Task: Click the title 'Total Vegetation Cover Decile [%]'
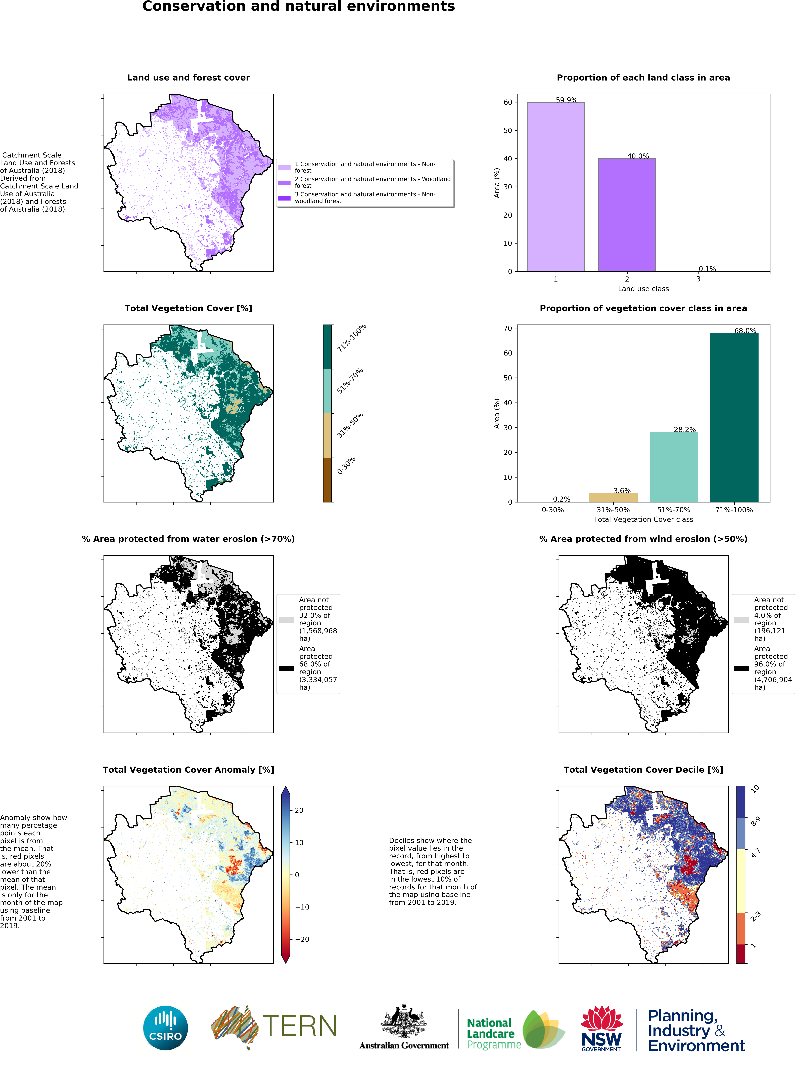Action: point(643,769)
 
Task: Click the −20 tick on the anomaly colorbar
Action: point(302,939)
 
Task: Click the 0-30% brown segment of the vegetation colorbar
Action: point(327,480)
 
